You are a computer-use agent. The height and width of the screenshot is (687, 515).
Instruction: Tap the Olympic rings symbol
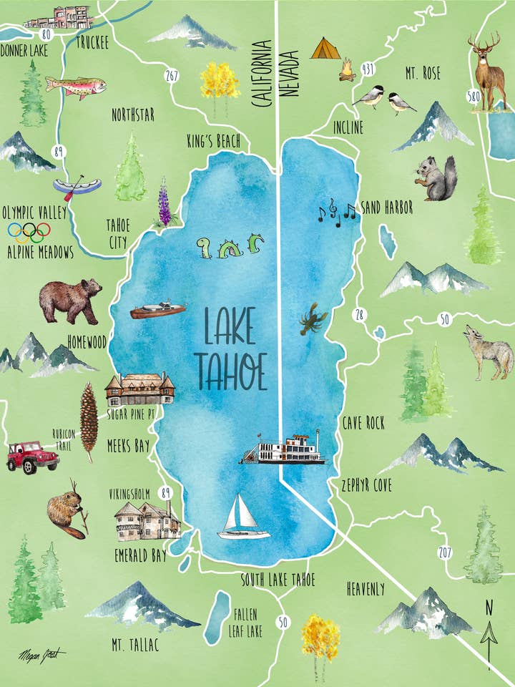tap(29, 232)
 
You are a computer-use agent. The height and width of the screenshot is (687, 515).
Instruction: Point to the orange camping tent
tap(325, 49)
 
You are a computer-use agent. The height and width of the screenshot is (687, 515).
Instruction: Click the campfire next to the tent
tap(347, 71)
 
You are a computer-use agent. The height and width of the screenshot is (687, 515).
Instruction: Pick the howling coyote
tap(489, 351)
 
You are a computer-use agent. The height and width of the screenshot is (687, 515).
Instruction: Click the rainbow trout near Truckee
tap(76, 86)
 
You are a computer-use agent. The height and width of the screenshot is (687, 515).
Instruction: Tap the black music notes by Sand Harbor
tap(337, 212)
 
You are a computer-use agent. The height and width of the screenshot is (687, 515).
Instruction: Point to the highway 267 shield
tap(171, 76)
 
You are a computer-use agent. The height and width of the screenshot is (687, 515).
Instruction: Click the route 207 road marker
tap(445, 552)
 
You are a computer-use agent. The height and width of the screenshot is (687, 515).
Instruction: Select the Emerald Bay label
tap(140, 554)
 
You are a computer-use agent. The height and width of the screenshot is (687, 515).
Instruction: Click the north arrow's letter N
tap(489, 608)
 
